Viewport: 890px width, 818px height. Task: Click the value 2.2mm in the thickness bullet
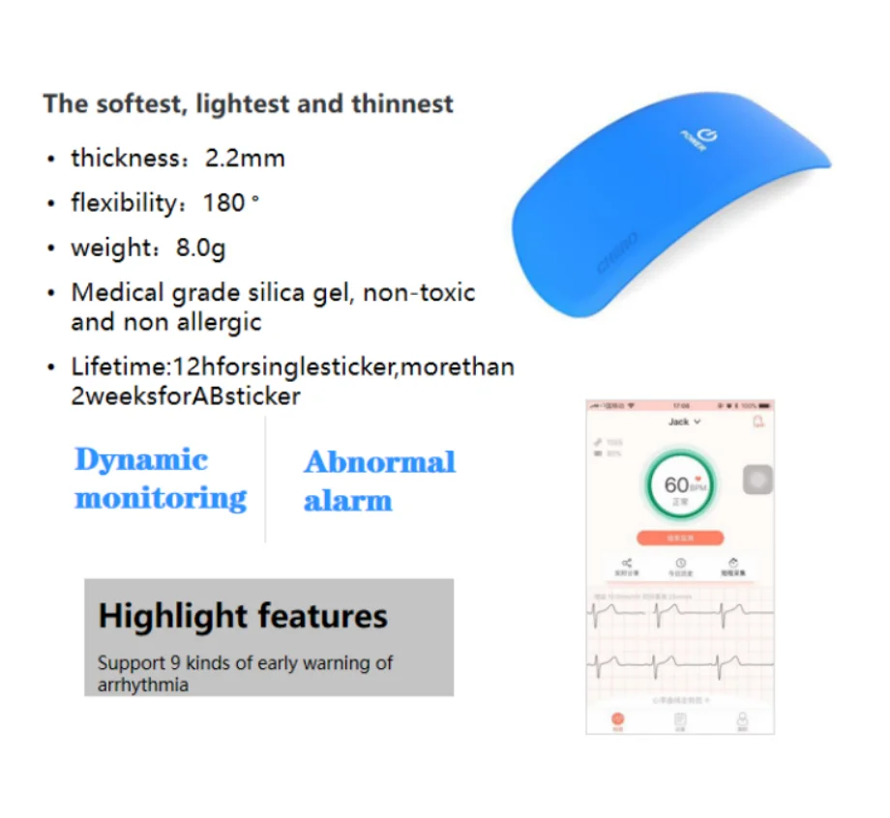point(245,159)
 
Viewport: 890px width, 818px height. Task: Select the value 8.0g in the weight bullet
point(200,248)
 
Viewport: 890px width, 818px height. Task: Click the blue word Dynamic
point(141,460)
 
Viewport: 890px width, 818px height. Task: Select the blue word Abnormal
point(379,462)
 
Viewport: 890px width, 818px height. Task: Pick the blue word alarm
point(347,501)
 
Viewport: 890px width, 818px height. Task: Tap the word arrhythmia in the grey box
point(142,686)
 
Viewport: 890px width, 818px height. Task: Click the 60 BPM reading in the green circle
point(682,484)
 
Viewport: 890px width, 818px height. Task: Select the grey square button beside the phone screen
point(757,481)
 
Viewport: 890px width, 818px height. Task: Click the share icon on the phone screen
point(626,563)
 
